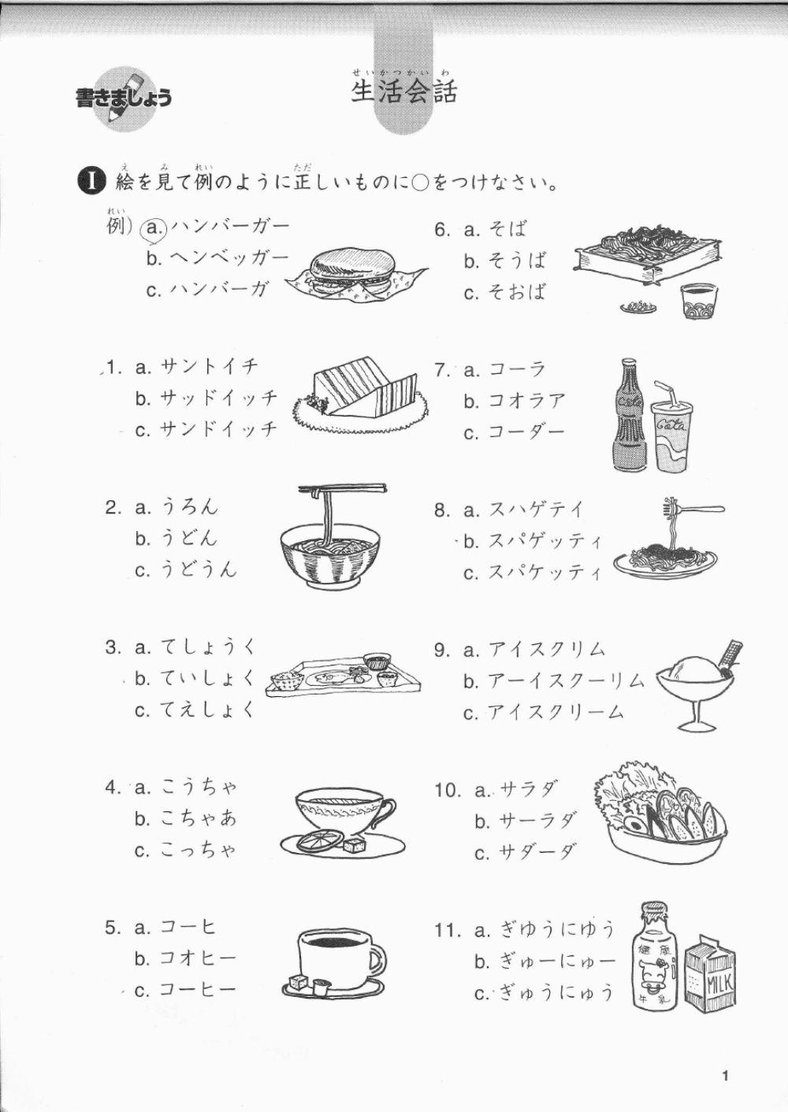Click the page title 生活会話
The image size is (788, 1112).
[x=404, y=92]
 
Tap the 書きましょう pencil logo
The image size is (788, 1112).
[x=123, y=97]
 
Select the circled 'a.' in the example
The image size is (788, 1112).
[x=154, y=228]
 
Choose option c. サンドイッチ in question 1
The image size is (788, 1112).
[x=206, y=429]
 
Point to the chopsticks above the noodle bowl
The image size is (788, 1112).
[x=343, y=490]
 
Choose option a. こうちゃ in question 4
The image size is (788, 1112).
[x=186, y=787]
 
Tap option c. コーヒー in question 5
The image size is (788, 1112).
[x=185, y=990]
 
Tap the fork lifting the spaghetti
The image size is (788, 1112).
[x=693, y=510]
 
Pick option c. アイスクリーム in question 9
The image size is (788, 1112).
[x=544, y=713]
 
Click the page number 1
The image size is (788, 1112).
[x=725, y=1076]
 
